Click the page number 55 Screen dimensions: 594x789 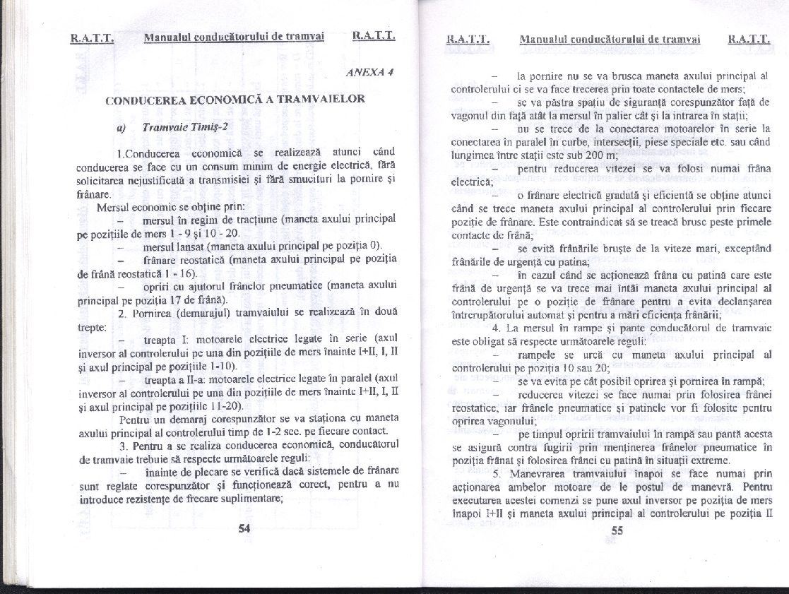click(x=616, y=532)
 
